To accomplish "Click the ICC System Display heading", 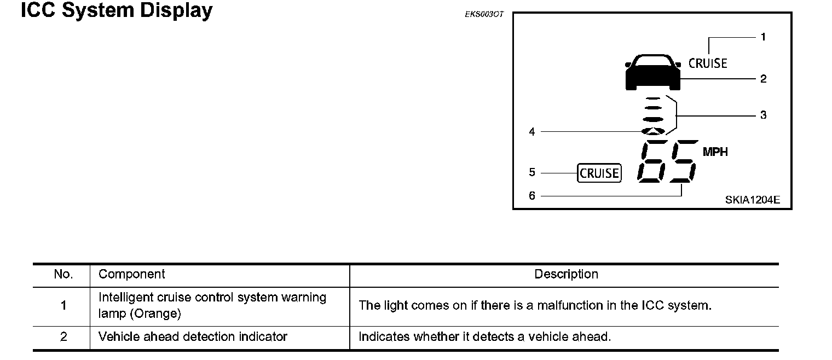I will [117, 10].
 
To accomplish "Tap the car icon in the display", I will [652, 72].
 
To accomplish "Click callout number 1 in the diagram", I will [763, 37].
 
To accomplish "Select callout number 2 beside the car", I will [763, 79].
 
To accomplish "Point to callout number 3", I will [763, 115].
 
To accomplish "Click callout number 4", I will [531, 132].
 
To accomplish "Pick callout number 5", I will [531, 173].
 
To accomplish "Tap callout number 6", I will [531, 195].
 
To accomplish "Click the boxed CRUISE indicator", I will [599, 173].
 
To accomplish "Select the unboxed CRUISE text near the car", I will [708, 63].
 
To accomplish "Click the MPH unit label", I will [715, 152].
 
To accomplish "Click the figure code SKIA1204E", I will [753, 200].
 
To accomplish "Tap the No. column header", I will [63, 274].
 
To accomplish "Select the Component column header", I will [131, 274].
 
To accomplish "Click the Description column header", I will [566, 274].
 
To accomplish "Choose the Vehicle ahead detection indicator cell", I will [193, 337].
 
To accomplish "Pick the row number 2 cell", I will [63, 337].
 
